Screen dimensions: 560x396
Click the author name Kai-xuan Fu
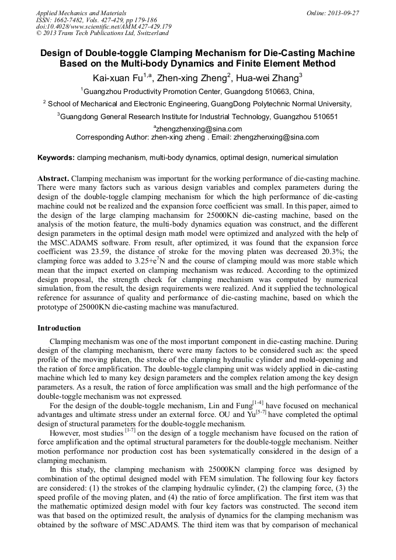[117, 77]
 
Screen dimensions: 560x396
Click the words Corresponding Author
[109, 137]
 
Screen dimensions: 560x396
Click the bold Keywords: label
[56, 158]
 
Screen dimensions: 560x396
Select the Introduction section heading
[59, 328]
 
